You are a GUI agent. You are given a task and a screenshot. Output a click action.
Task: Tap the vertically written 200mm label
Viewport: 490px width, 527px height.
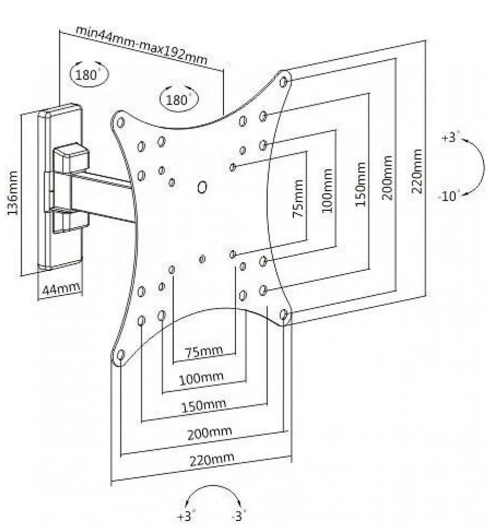(388, 178)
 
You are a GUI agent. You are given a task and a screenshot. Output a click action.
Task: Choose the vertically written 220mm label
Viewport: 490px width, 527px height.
(417, 172)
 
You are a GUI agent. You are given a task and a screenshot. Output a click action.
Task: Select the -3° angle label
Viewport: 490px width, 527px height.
(239, 515)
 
